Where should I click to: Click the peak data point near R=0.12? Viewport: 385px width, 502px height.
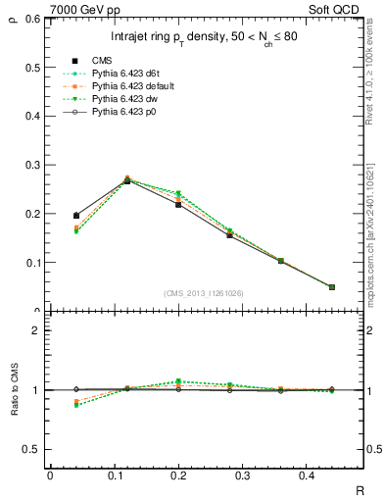click(x=127, y=180)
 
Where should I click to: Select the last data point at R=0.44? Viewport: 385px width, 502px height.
click(x=331, y=287)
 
